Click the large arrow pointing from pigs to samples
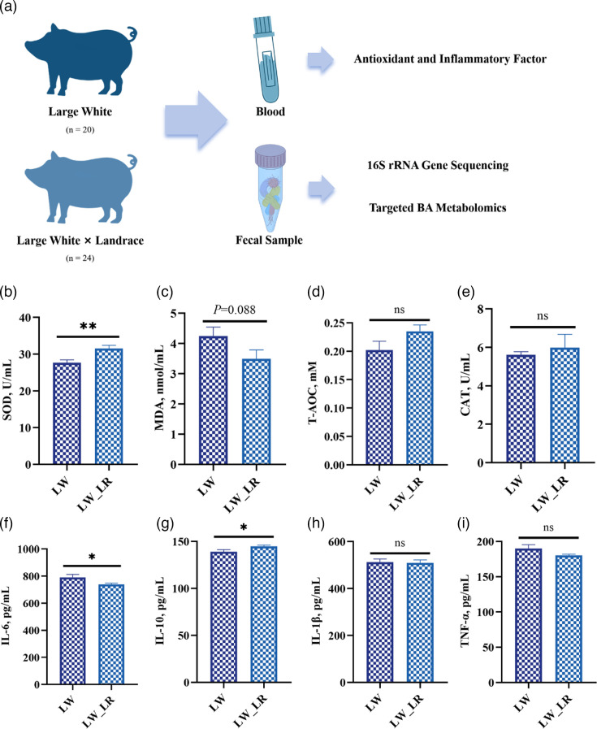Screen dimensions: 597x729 pos(196,120)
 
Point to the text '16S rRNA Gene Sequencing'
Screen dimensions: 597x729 pos(438,166)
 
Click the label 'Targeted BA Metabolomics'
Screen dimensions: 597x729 pos(438,208)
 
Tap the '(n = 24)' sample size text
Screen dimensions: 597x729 pos(80,258)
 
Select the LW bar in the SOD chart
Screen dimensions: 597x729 pos(67,414)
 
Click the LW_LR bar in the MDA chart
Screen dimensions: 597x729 pos(257,411)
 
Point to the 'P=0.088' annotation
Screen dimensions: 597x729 pos(235,310)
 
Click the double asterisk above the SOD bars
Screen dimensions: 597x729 pos(89,327)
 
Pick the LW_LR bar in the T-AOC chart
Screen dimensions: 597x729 pos(420,398)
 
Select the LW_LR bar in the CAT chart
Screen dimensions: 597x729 pos(565,405)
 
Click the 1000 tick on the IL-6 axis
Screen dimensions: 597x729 pos(32,549)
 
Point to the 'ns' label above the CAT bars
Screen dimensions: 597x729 pos(543,317)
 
